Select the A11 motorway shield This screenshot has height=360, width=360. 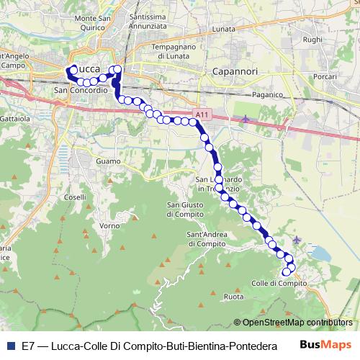click(202, 114)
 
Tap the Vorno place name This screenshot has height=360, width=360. click(109, 225)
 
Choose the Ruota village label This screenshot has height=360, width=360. click(234, 297)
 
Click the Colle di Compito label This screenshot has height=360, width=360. click(279, 283)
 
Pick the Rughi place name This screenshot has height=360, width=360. click(313, 40)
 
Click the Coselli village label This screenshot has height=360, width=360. click(75, 197)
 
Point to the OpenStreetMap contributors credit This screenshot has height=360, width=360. click(296, 323)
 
